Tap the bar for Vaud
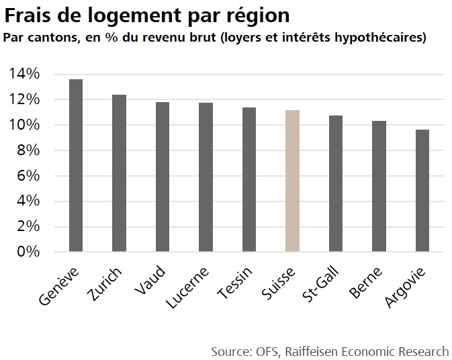coord(162,177)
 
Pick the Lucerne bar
coord(206,177)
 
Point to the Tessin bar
coord(248,180)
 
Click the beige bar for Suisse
coord(292,181)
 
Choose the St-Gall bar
coord(335,184)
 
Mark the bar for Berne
coord(379,187)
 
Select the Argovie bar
coord(422,191)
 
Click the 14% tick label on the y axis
coord(24,74)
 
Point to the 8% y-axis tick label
coord(28,150)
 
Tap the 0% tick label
coord(28,252)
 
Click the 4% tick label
coord(28,201)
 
